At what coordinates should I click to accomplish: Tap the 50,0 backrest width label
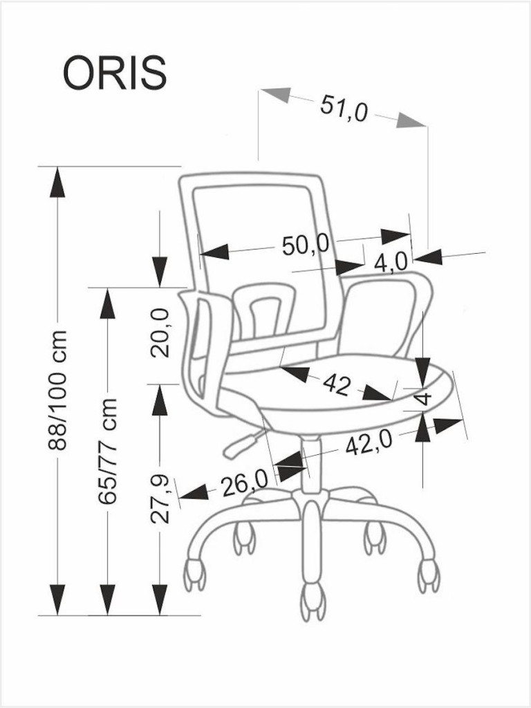pyautogui.click(x=305, y=245)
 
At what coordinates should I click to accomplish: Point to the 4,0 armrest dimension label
pyautogui.click(x=391, y=262)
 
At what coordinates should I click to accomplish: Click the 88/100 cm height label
pyautogui.click(x=58, y=390)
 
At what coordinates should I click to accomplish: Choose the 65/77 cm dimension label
pyautogui.click(x=108, y=451)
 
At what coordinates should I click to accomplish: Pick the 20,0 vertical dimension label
pyautogui.click(x=160, y=333)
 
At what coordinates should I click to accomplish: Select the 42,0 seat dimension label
pyautogui.click(x=369, y=443)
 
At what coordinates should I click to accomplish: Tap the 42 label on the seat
pyautogui.click(x=337, y=385)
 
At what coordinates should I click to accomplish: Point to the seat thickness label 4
pyautogui.click(x=424, y=398)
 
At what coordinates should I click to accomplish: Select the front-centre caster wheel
pyautogui.click(x=313, y=601)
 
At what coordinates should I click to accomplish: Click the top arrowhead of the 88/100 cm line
pyautogui.click(x=57, y=182)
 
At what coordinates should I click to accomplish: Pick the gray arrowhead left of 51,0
pyautogui.click(x=276, y=94)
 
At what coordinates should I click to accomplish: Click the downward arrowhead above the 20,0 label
pyautogui.click(x=160, y=272)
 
